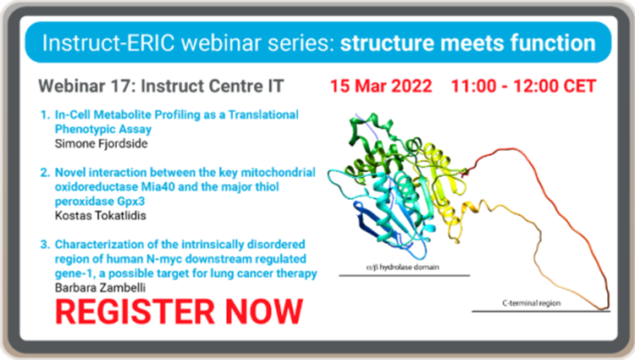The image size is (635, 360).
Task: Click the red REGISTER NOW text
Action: click(179, 311)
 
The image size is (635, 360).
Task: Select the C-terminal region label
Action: click(529, 302)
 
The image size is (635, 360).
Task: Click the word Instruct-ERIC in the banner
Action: click(94, 42)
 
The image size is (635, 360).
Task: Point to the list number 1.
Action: click(45, 114)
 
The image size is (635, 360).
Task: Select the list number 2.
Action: click(45, 173)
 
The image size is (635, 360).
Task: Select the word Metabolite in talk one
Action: click(118, 114)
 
